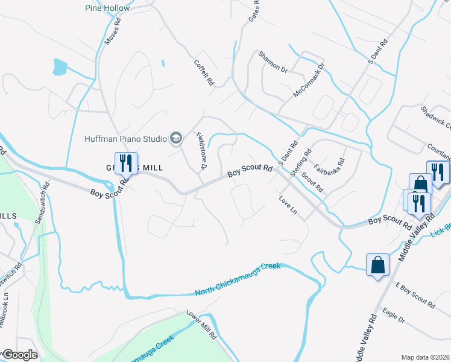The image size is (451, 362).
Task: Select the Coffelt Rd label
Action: tap(204, 72)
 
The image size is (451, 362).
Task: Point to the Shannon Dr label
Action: tap(273, 62)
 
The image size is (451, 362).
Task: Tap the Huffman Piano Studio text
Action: tap(125, 139)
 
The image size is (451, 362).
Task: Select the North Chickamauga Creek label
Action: tap(238, 279)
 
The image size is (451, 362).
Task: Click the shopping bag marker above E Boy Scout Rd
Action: tap(377, 265)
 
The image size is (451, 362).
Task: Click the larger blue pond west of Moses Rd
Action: tap(60, 66)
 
